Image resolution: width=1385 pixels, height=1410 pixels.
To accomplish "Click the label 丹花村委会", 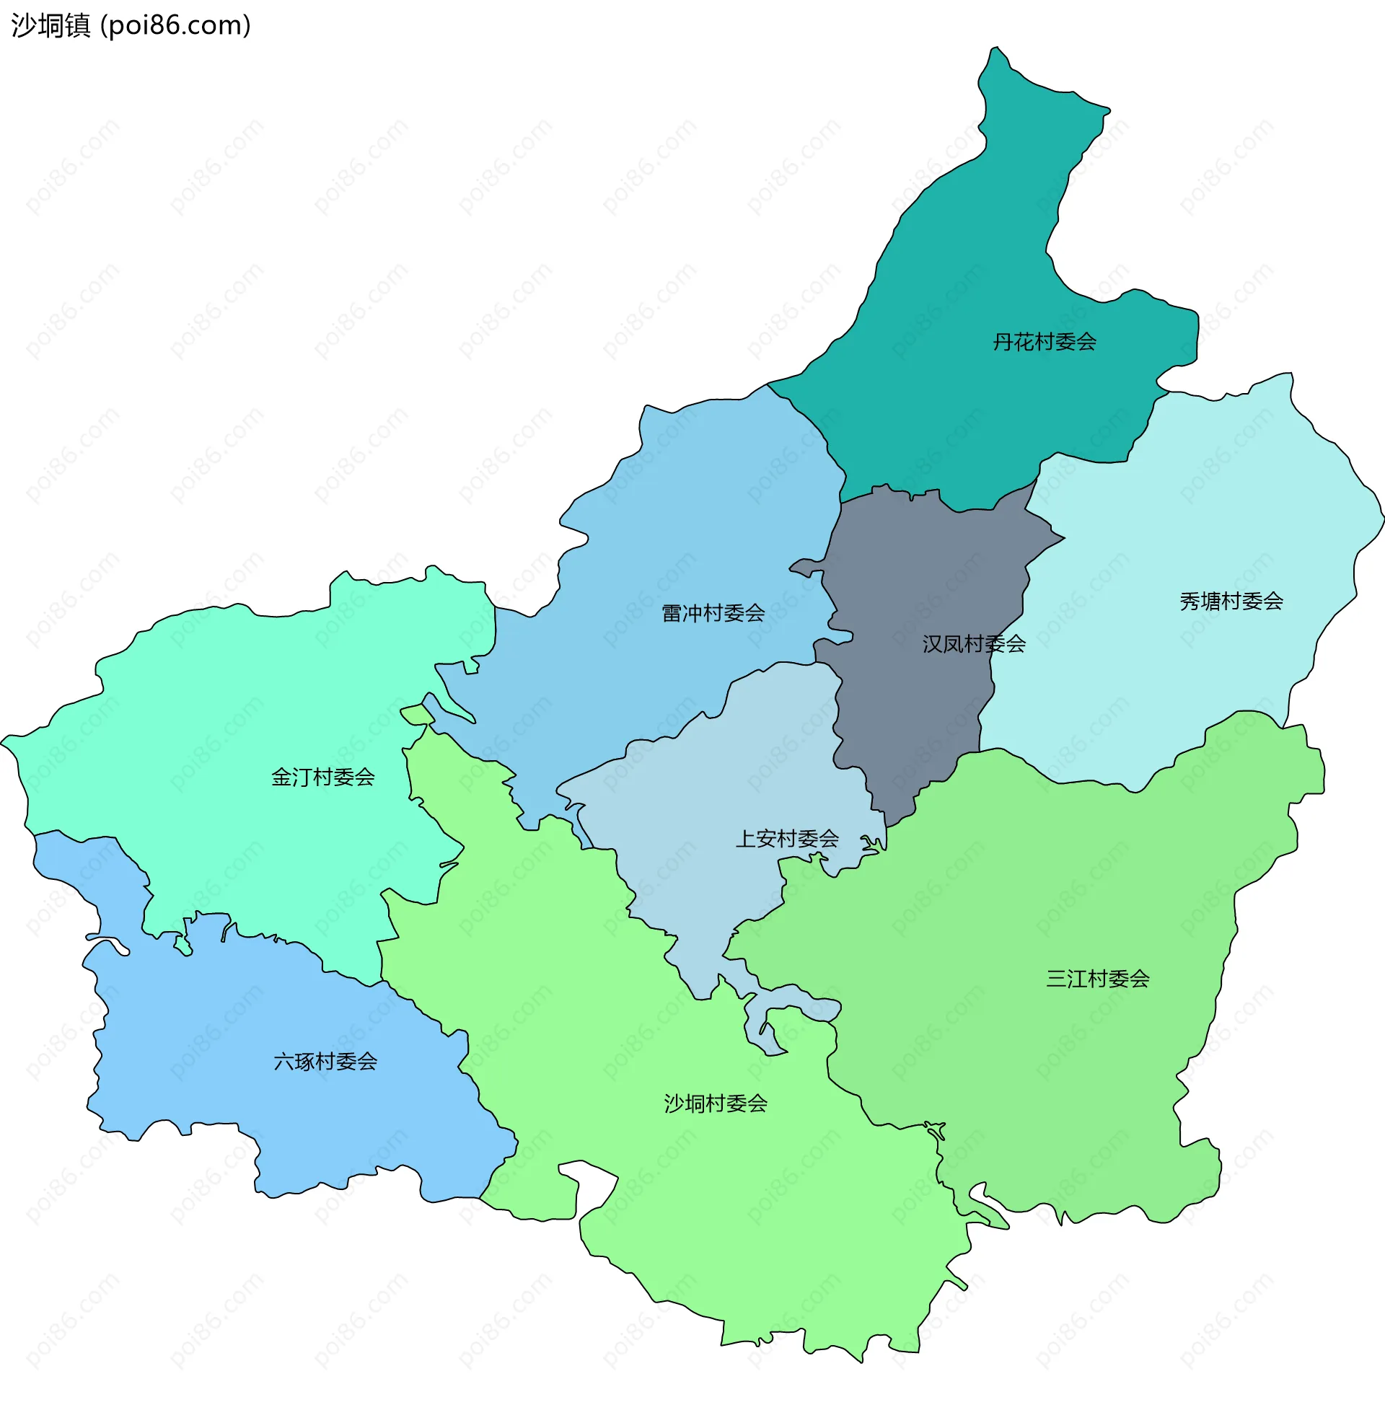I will pyautogui.click(x=1045, y=342).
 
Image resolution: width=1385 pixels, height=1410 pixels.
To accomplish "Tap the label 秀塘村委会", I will pyautogui.click(x=1231, y=602).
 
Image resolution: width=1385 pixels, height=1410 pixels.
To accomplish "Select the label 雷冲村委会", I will pyautogui.click(x=713, y=613).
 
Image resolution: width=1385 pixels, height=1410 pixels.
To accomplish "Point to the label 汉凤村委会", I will pyautogui.click(x=974, y=643).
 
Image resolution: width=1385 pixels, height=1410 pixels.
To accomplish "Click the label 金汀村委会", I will pyautogui.click(x=323, y=777).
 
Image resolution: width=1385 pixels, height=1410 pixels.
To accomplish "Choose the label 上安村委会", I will pyautogui.click(x=787, y=839).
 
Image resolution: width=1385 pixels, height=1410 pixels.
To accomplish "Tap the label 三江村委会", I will pyautogui.click(x=1098, y=978).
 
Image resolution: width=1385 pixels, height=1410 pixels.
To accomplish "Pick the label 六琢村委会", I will pyautogui.click(x=325, y=1062).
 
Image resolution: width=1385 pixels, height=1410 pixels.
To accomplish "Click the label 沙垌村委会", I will pyautogui.click(x=716, y=1103).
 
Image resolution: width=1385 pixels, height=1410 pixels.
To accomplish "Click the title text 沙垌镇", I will pyautogui.click(x=51, y=25).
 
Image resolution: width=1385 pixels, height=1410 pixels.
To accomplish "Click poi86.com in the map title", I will pyautogui.click(x=175, y=25).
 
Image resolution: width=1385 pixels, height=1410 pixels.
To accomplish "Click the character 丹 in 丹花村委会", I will pyautogui.click(x=1003, y=342).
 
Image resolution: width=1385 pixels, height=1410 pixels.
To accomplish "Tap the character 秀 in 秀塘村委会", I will pyautogui.click(x=1190, y=602).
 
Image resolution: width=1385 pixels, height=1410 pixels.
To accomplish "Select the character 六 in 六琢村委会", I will pyautogui.click(x=283, y=1062).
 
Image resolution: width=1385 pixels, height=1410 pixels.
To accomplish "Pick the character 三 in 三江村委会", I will pyautogui.click(x=1056, y=978).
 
